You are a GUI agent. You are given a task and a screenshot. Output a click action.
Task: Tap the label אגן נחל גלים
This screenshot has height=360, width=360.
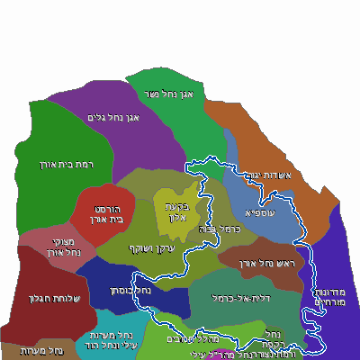click(x=112, y=117)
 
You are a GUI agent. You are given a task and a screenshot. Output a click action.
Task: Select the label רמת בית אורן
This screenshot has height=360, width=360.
click(x=41, y=165)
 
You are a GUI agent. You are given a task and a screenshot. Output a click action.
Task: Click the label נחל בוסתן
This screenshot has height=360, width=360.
click(x=130, y=291)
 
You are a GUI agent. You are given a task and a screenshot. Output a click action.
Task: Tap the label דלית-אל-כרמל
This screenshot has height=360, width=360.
click(x=237, y=298)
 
